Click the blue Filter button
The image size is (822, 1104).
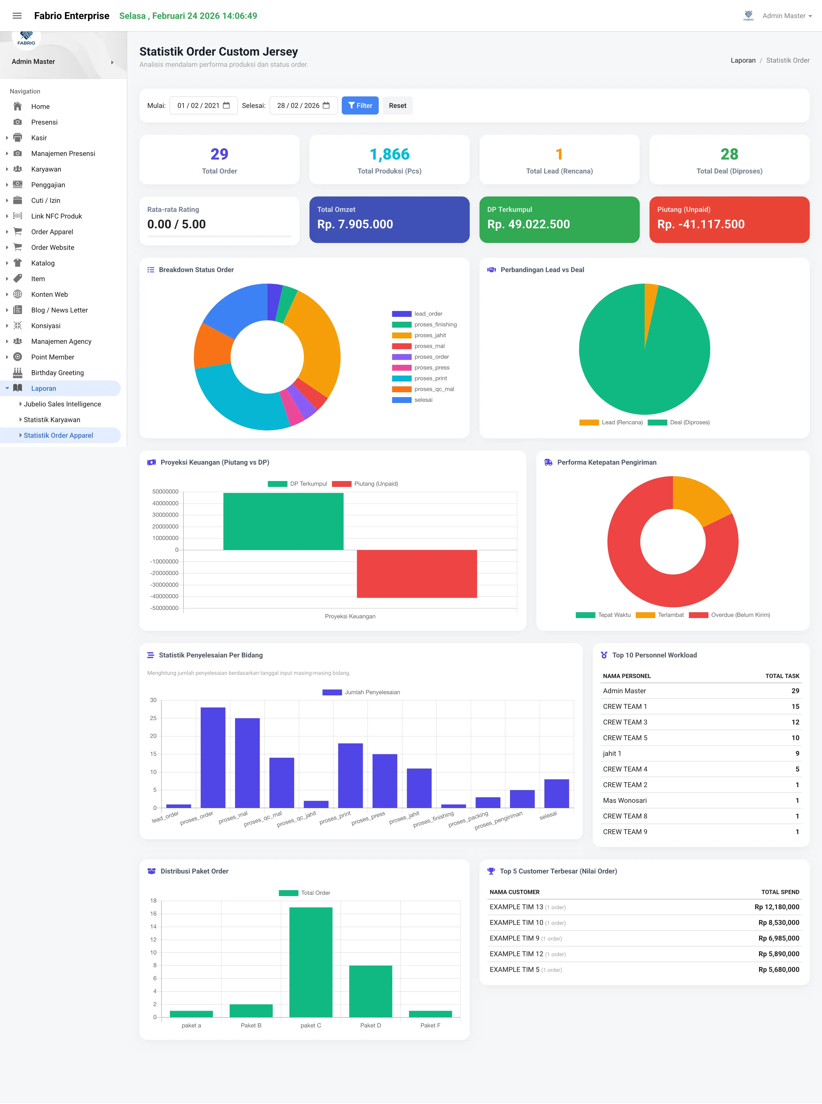[x=360, y=105]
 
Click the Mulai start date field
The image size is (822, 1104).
[x=204, y=105]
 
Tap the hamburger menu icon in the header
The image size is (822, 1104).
[x=17, y=16]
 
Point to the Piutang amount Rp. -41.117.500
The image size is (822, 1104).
[x=701, y=224]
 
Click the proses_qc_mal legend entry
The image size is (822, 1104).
[x=423, y=389]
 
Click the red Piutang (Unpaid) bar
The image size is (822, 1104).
[x=417, y=574]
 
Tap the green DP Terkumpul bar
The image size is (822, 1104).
[x=283, y=521]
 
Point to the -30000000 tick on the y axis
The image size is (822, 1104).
[x=164, y=585]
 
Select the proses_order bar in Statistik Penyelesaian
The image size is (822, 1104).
[x=213, y=757]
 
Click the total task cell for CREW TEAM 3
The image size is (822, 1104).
[x=795, y=722]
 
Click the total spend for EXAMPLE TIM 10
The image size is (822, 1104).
[x=779, y=922]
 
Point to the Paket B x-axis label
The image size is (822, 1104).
[x=251, y=1025]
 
